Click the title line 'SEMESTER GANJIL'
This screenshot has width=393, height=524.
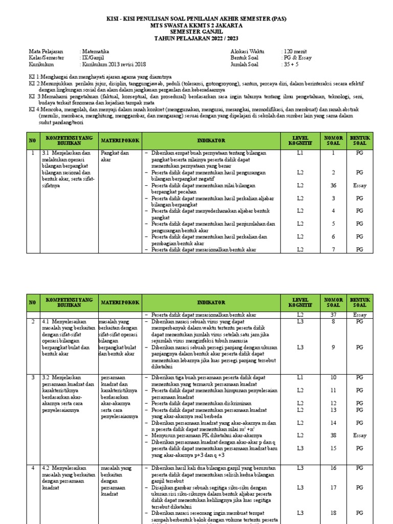196,32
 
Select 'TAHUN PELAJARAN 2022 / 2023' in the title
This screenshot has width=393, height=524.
196,38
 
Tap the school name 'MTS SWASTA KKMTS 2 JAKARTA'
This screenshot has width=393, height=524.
196,25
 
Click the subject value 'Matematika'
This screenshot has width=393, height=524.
95,52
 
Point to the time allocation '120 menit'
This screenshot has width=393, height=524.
294,52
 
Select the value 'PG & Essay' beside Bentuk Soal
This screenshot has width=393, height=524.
297,58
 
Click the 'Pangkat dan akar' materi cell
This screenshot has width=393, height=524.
115,156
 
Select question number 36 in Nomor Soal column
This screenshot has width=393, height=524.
333,185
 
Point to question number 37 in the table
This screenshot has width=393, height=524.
333,315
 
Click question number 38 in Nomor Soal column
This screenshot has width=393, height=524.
333,435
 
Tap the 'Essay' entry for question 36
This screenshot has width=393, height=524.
360,185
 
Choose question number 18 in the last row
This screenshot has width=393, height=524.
333,513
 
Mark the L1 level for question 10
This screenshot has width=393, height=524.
300,377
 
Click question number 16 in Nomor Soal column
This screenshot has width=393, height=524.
333,468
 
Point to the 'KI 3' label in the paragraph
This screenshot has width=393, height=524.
34,96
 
